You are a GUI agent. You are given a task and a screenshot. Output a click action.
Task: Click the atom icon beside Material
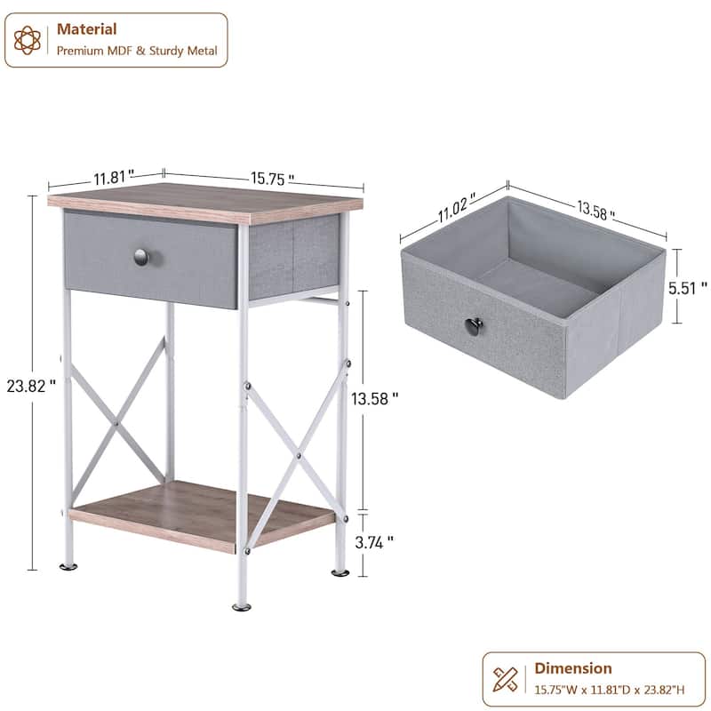[28, 40]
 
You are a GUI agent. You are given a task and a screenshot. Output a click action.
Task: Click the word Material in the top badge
[86, 29]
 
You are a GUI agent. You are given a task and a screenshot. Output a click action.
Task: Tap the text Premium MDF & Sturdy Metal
[137, 51]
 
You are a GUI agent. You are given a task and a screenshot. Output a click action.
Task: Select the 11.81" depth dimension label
[114, 176]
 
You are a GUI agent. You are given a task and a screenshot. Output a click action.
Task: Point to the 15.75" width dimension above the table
[272, 179]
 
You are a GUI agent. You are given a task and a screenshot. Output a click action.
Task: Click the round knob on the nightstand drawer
[142, 257]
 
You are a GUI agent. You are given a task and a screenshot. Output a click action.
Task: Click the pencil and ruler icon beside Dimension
[507, 678]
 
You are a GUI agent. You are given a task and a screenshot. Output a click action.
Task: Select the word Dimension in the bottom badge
[572, 668]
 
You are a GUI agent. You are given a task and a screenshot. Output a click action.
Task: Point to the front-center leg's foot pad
[242, 606]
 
